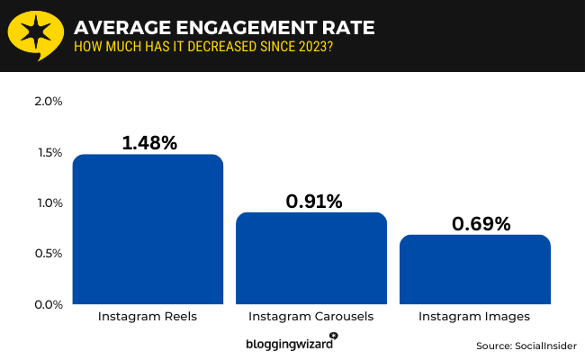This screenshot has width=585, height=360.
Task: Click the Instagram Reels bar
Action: (x=148, y=229)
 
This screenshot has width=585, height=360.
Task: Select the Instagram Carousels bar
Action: (x=311, y=258)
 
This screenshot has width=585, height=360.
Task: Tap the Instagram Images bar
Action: (x=474, y=269)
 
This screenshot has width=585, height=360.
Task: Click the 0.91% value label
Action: (x=313, y=201)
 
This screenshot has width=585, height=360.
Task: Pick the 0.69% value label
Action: (x=477, y=223)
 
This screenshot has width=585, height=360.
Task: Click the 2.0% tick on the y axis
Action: (x=48, y=101)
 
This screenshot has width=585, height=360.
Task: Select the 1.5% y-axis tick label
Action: (x=48, y=152)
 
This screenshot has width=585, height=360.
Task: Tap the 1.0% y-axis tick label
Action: (x=48, y=202)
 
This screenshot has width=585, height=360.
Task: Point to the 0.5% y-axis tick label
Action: (x=48, y=254)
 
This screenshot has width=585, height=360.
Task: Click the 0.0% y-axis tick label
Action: (x=48, y=304)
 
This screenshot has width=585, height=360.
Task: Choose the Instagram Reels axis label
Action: (x=147, y=318)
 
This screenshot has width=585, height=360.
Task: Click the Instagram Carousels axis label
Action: (x=310, y=318)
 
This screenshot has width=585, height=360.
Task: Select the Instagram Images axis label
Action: (x=474, y=318)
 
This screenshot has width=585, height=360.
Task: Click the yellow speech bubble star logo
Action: (x=35, y=35)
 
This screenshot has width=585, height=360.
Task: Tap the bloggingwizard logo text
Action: (x=289, y=343)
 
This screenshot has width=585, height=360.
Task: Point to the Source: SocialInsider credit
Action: (x=526, y=346)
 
